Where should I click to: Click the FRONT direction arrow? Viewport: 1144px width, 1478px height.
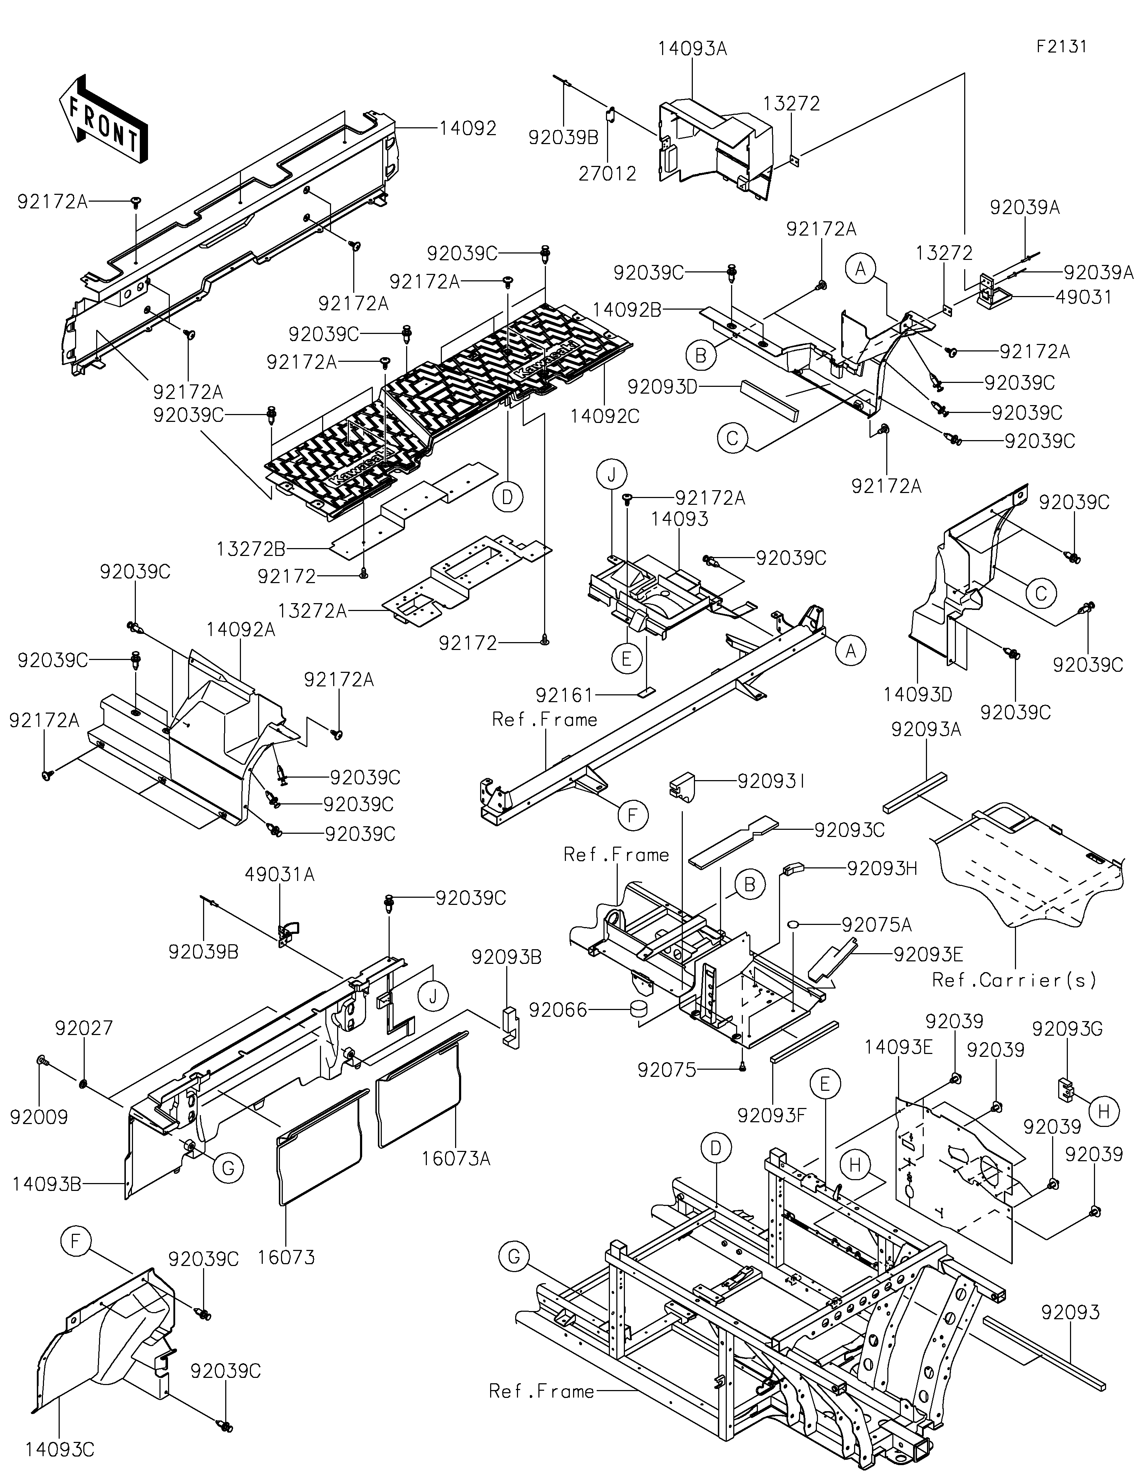(104, 118)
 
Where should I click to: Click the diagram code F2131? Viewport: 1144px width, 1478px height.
(1061, 47)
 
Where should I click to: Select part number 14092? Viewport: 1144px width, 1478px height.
(468, 128)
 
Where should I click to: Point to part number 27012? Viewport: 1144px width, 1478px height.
(607, 174)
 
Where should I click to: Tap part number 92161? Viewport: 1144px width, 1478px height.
(564, 695)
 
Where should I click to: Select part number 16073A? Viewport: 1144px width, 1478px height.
(455, 1159)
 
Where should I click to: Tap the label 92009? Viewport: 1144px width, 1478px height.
(39, 1117)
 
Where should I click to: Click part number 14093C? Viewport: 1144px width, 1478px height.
(60, 1449)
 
